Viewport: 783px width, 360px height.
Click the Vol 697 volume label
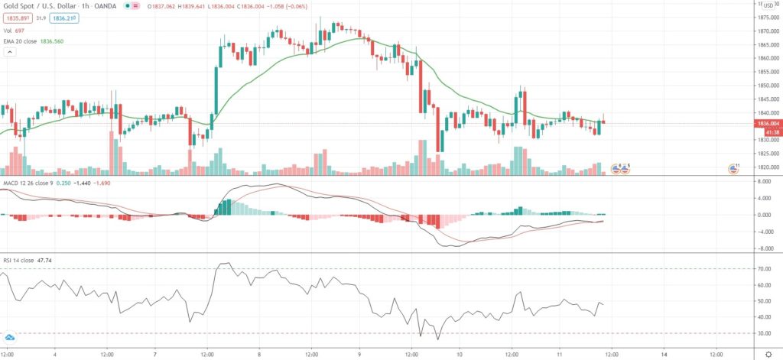pos(15,30)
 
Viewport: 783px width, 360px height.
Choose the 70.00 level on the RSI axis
pos(764,269)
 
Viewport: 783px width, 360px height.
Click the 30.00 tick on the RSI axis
pos(764,333)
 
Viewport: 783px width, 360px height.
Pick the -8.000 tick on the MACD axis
pos(764,248)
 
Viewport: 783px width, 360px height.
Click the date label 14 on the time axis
pos(664,355)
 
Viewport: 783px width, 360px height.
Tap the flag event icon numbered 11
pos(733,168)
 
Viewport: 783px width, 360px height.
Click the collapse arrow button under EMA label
pos(11,52)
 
